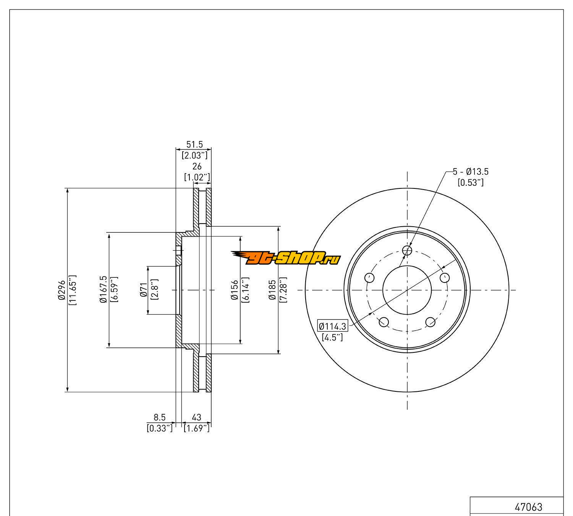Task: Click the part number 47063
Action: pos(528,507)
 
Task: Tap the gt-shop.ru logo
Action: pos(285,258)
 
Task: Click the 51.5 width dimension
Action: pos(194,144)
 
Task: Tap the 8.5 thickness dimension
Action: pos(159,417)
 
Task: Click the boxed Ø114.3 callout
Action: pos(333,326)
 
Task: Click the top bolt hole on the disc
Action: pos(408,250)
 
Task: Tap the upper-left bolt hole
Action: pos(370,277)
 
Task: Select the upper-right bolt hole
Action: pos(445,277)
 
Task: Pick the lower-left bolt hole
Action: pos(384,322)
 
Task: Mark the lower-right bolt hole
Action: pos(431,322)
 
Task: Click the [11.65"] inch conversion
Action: pos(73,290)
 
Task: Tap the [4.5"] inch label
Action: pos(332,337)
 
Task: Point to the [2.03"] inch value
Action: pos(194,155)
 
